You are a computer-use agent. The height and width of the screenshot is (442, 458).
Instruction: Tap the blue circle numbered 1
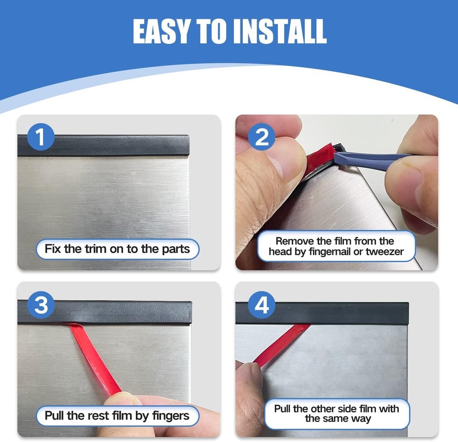(x=40, y=137)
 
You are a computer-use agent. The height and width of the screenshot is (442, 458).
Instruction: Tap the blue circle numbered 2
(x=262, y=137)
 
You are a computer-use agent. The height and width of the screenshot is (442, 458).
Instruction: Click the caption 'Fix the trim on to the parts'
(x=117, y=249)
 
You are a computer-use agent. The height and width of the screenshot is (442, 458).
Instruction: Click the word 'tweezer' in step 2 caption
(x=384, y=252)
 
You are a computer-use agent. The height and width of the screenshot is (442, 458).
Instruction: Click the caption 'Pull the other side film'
(x=336, y=409)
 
